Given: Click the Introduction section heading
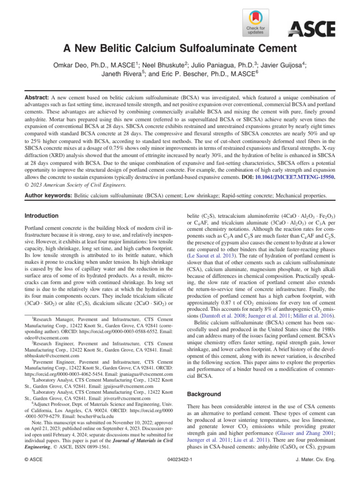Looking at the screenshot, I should tap(42, 216).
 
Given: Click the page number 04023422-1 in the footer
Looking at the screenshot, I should tap(180, 469).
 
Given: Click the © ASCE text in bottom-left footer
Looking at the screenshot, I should tap(35, 469).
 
